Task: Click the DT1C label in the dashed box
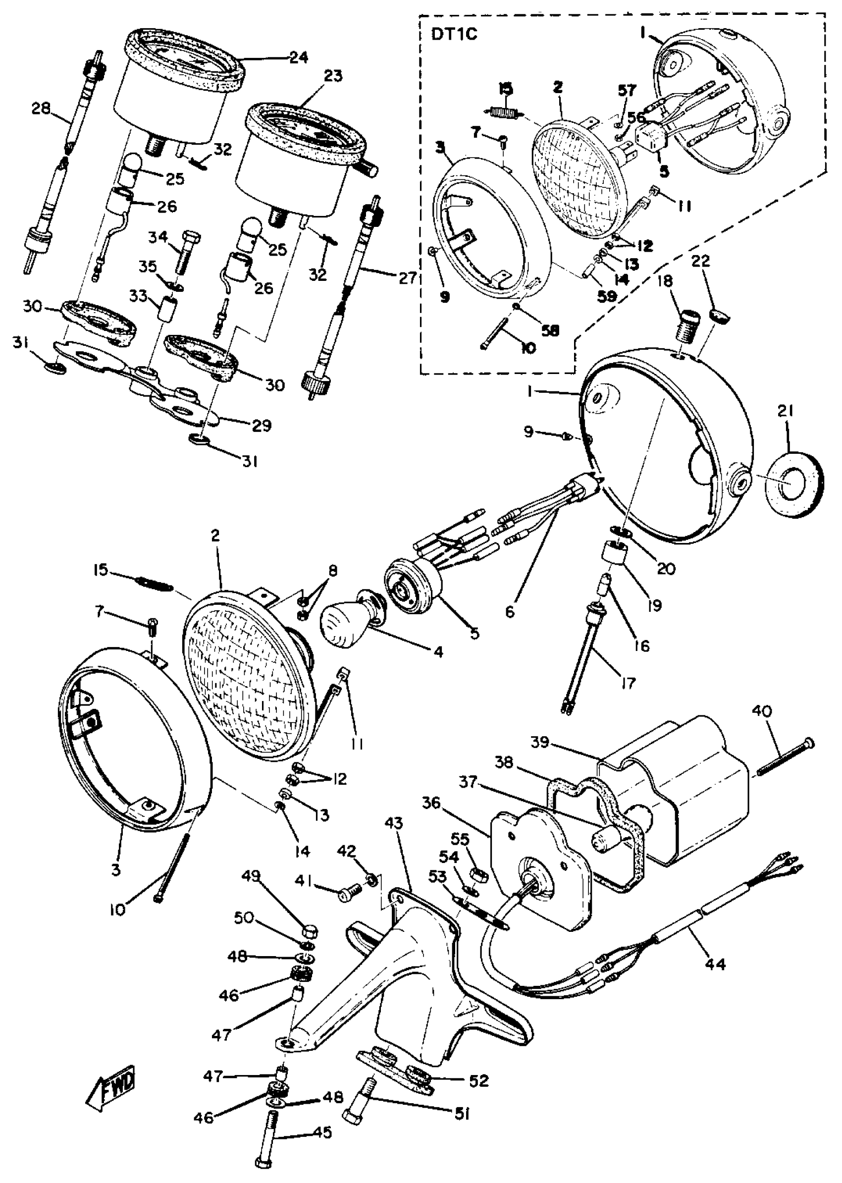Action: tap(454, 35)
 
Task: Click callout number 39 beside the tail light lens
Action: tap(540, 742)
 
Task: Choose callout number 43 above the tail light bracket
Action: tap(394, 822)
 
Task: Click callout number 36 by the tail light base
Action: tap(431, 804)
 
